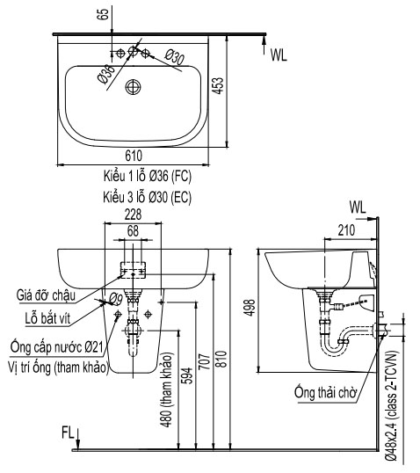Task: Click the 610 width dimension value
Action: tap(134, 156)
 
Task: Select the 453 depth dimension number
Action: tap(219, 86)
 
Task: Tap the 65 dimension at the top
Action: tap(103, 14)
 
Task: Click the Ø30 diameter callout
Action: tap(175, 57)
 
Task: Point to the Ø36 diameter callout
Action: tap(106, 74)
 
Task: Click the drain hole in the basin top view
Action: tap(133, 87)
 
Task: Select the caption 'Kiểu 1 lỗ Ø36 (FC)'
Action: tap(148, 176)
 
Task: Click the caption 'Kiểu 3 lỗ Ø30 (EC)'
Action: tap(148, 197)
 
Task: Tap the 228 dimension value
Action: tap(133, 215)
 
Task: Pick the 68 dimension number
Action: tap(133, 231)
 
